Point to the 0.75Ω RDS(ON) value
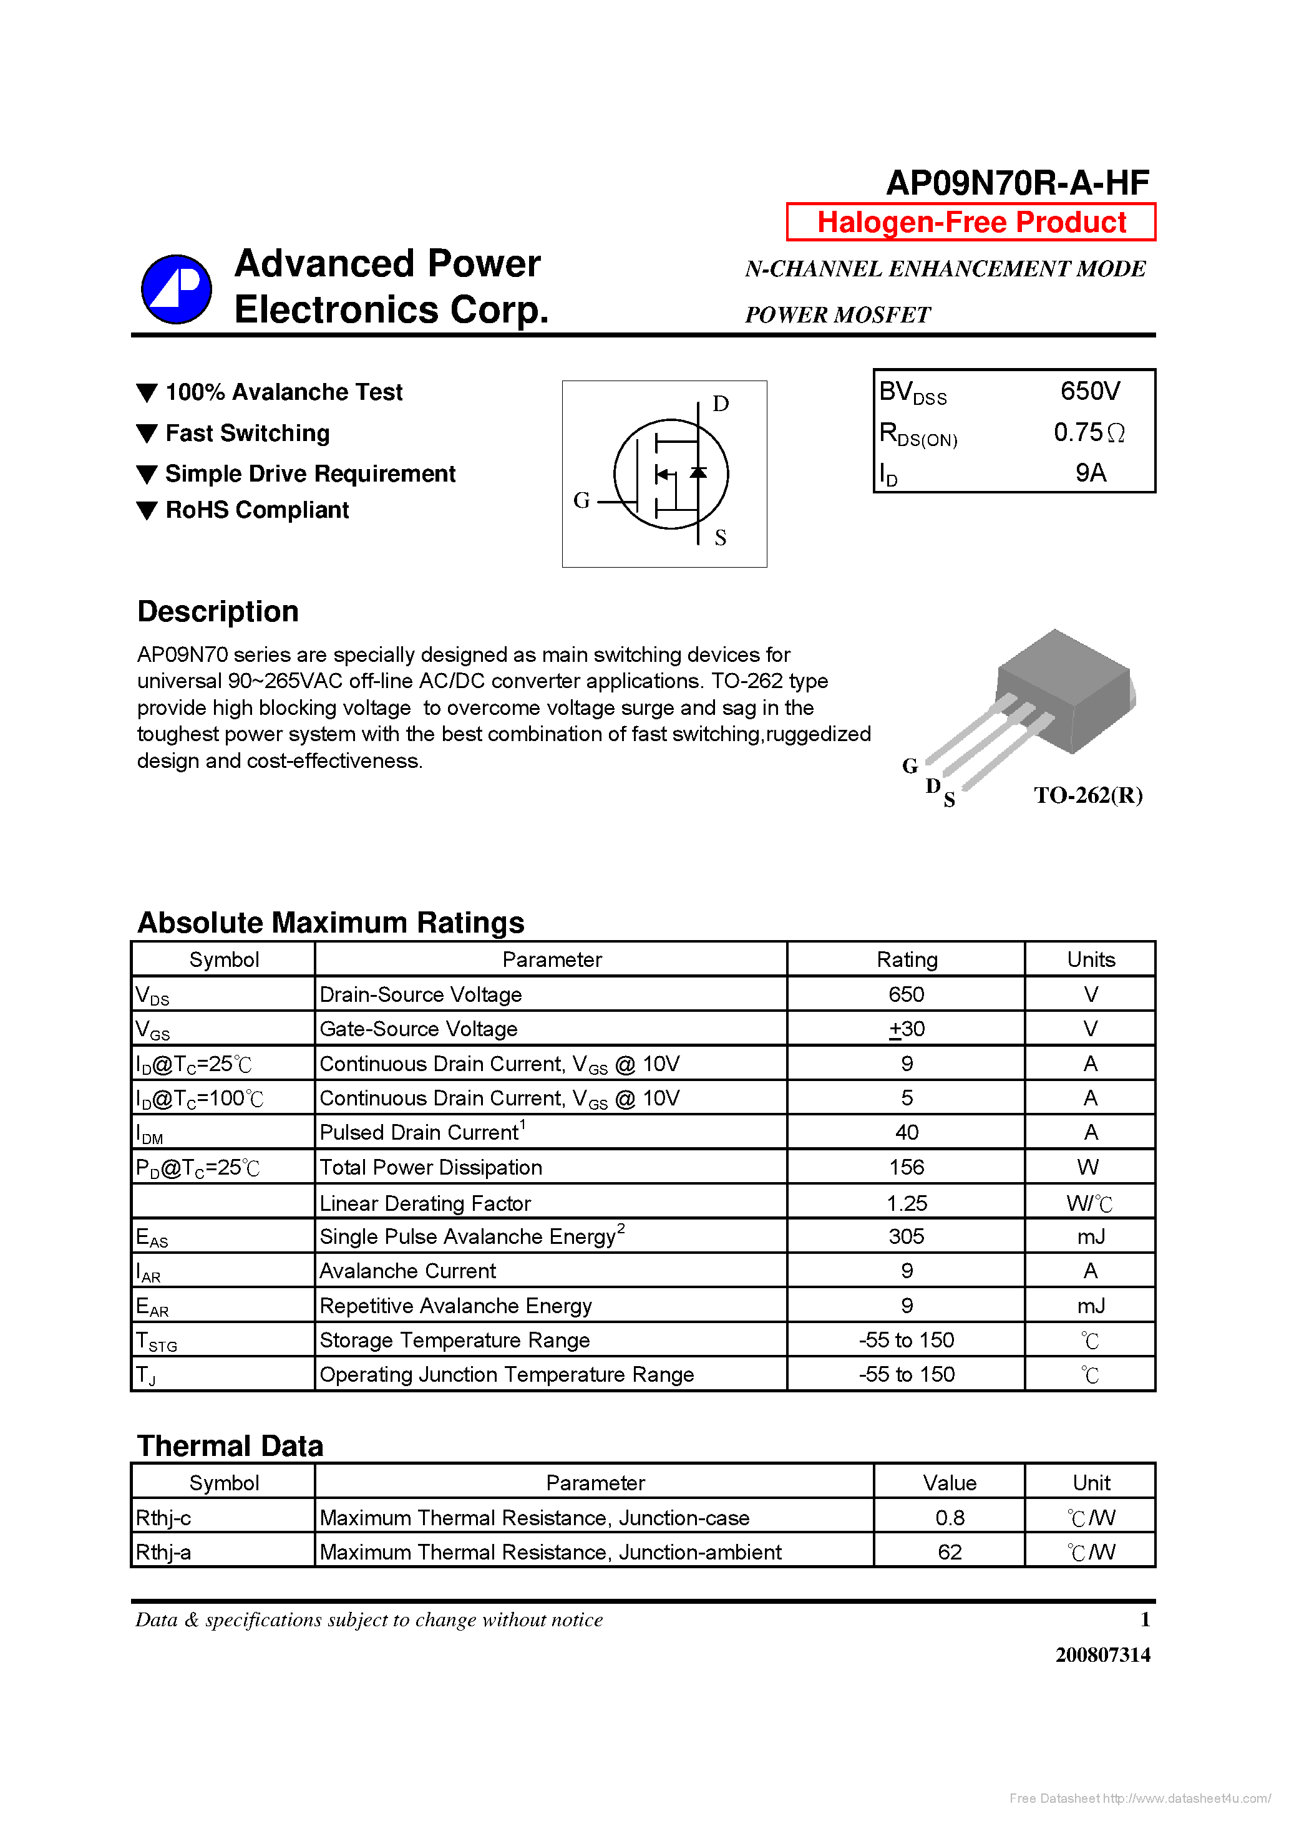pyautogui.click(x=1088, y=432)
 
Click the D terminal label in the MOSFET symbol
pyautogui.click(x=720, y=404)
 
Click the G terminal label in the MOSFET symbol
pyautogui.click(x=581, y=500)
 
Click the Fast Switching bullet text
pyautogui.click(x=247, y=433)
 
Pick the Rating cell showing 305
pyautogui.click(x=906, y=1237)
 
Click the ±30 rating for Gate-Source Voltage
pyautogui.click(x=906, y=1029)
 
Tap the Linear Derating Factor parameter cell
pyautogui.click(x=424, y=1203)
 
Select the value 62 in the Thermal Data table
pyautogui.click(x=949, y=1552)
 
